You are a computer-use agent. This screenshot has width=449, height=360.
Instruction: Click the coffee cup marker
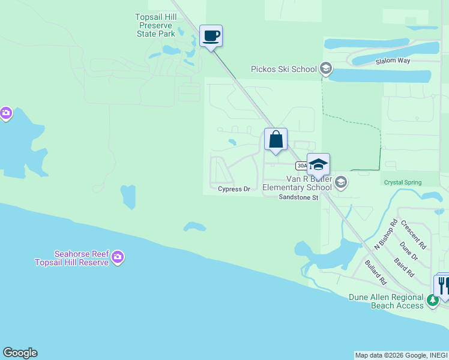pyautogui.click(x=211, y=36)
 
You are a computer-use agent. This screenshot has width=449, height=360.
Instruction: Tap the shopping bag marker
pyautogui.click(x=276, y=140)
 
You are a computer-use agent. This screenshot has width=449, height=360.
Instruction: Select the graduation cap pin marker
pyautogui.click(x=318, y=164)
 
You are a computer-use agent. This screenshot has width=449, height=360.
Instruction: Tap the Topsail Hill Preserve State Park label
pyautogui.click(x=155, y=25)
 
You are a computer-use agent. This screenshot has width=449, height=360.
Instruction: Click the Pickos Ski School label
pyautogui.click(x=283, y=69)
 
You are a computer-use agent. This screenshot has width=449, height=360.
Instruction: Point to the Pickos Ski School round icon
pyautogui.click(x=326, y=68)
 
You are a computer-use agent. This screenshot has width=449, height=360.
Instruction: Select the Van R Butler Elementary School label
pyautogui.click(x=297, y=183)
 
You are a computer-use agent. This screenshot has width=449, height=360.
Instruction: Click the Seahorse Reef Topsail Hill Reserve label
pyautogui.click(x=71, y=258)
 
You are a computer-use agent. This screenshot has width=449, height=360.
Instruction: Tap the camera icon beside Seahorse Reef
pyautogui.click(x=118, y=257)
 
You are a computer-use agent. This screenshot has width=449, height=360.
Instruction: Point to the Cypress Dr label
pyautogui.click(x=234, y=189)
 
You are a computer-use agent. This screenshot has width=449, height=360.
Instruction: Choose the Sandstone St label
pyautogui.click(x=298, y=197)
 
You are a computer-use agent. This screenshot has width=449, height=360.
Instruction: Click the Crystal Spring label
pyautogui.click(x=402, y=182)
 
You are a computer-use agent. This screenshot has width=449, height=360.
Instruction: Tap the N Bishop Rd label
pyautogui.click(x=386, y=234)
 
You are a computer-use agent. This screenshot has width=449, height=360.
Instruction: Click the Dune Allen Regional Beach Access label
pyautogui.click(x=387, y=301)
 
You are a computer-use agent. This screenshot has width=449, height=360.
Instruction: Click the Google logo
pyautogui.click(x=20, y=353)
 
